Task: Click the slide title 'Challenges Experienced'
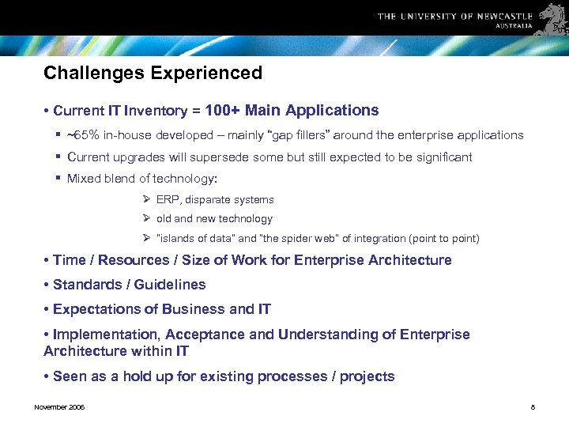pos(153,74)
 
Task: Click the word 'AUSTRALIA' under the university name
pos(514,26)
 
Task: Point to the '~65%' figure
pos(83,135)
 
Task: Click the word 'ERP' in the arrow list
pos(167,200)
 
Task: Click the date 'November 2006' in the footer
pos(59,407)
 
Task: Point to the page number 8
pos(533,407)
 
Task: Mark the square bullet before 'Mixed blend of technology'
pos(58,179)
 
